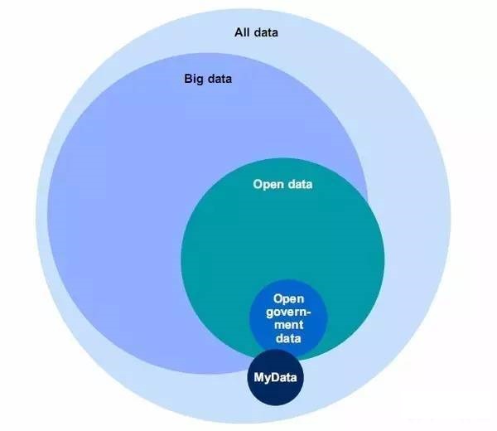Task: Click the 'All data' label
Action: [x=257, y=33]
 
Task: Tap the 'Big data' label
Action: [x=207, y=80]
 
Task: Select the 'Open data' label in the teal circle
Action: [x=282, y=184]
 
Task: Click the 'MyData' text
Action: [x=277, y=378]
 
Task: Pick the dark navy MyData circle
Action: [x=277, y=390]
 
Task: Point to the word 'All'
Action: [x=243, y=33]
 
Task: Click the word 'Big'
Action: [x=193, y=80]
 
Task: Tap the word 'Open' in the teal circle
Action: [x=268, y=184]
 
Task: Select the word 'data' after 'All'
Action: [x=267, y=33]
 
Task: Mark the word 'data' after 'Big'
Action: [x=219, y=80]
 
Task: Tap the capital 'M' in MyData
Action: [x=259, y=378]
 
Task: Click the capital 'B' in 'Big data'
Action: [x=187, y=80]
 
